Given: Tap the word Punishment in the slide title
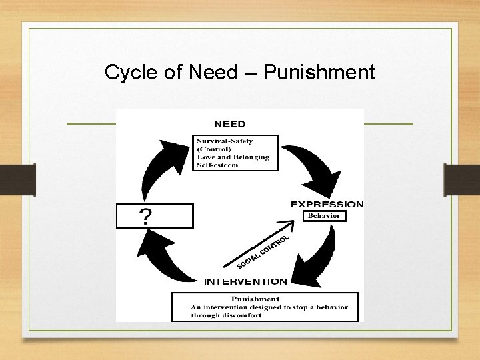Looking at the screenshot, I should pyautogui.click(x=319, y=72).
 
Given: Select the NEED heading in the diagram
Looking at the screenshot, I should pyautogui.click(x=229, y=124).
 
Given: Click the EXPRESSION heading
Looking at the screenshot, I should pyautogui.click(x=327, y=205).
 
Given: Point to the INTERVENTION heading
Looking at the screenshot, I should pyautogui.click(x=245, y=281).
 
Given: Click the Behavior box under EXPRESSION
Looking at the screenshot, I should pyautogui.click(x=324, y=216).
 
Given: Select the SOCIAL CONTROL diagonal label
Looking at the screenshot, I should pyautogui.click(x=263, y=252).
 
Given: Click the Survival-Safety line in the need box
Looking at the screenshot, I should pyautogui.click(x=225, y=141).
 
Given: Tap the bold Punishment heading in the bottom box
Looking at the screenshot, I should pyautogui.click(x=255, y=299).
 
